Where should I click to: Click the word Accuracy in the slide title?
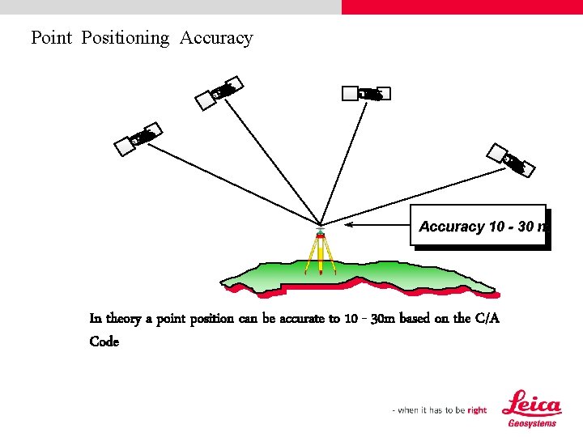point(216,38)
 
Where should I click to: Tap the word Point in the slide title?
point(52,38)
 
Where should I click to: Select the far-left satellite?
point(138,138)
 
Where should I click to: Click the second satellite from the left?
point(219,92)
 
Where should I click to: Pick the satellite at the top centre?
point(367,94)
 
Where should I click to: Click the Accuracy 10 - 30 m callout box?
point(479,227)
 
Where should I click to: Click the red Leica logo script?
point(531,405)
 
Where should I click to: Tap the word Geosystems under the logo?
point(532,423)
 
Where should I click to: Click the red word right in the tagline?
point(477,410)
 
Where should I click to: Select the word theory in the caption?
point(123,319)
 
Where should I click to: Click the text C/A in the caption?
point(487,319)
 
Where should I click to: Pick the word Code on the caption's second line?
point(104,342)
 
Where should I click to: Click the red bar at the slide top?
point(462,6)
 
